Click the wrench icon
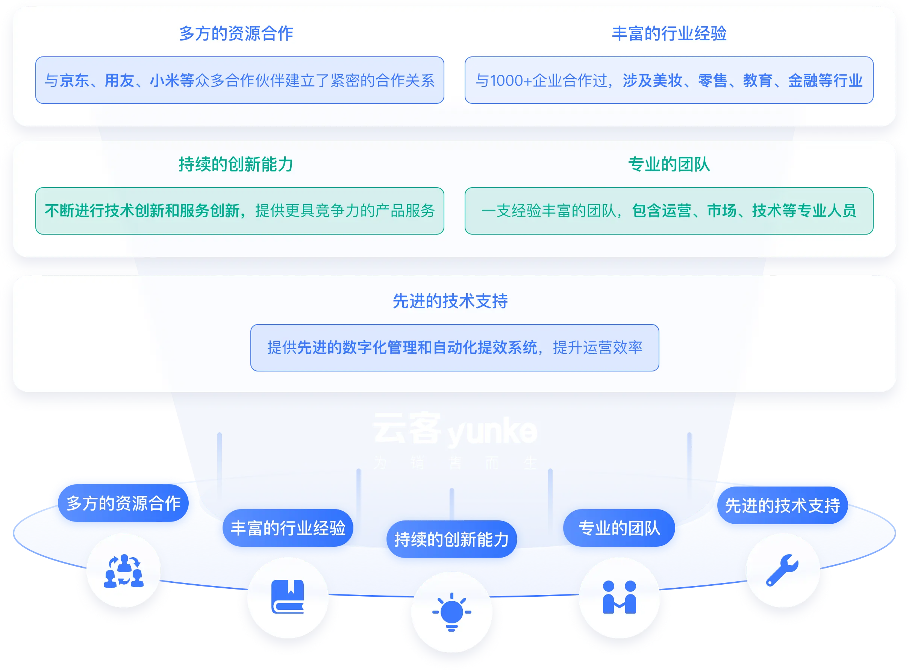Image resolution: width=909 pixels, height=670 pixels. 782,570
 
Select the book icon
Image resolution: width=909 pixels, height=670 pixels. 288,597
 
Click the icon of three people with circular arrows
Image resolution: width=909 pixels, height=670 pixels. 124,571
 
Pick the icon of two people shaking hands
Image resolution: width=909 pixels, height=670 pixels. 619,597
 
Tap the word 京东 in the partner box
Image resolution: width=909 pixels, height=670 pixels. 74,81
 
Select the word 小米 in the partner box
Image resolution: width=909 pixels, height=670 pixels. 165,81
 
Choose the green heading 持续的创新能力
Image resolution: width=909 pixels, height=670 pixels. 236,164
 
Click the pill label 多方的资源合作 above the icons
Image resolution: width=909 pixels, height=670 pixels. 123,503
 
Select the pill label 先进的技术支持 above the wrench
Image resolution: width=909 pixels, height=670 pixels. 782,505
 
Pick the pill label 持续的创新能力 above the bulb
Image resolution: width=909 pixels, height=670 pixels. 451,540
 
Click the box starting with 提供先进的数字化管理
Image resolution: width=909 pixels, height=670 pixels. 454,347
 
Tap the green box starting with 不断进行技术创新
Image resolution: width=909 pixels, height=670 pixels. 239,211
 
